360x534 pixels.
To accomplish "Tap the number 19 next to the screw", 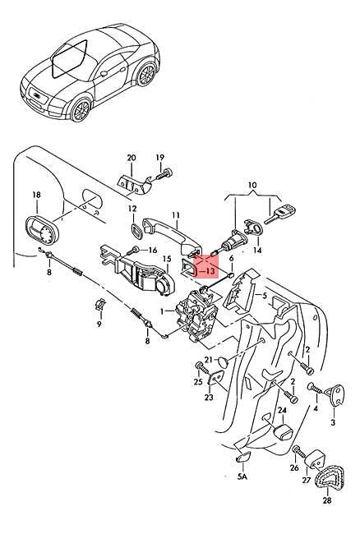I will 159,157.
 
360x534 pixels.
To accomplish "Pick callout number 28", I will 327,500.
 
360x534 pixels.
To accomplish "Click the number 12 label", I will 133,209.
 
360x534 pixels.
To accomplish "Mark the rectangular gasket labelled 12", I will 134,229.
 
